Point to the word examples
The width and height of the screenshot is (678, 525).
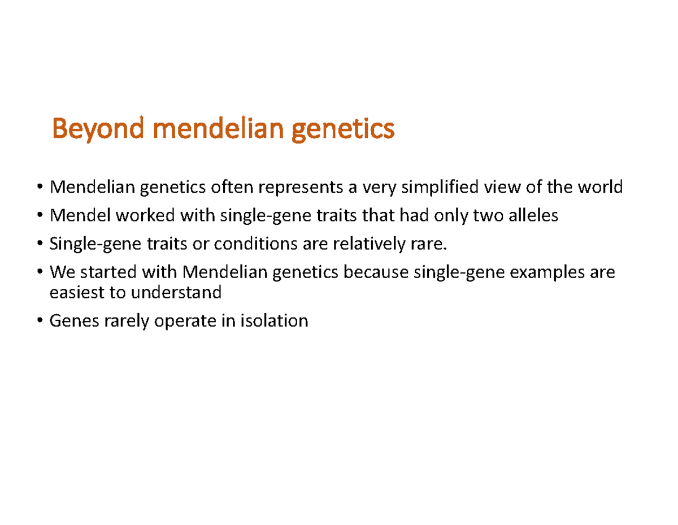coord(547,273)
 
